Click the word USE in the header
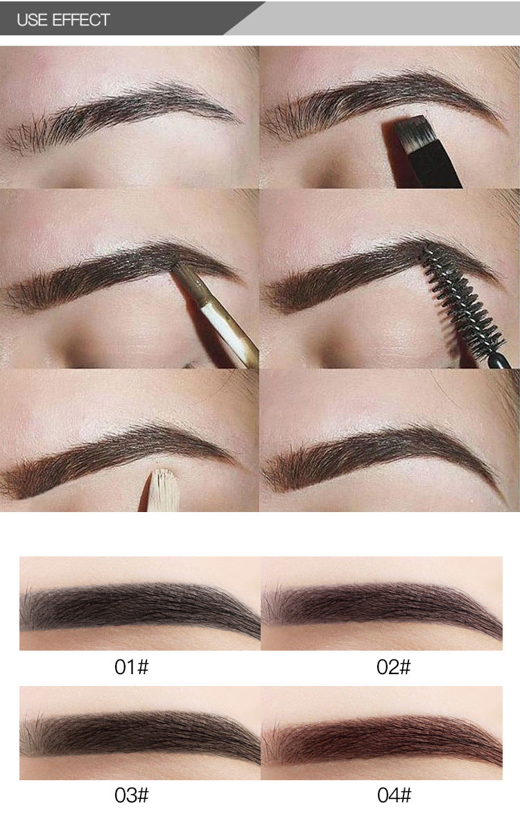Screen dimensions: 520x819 tap(33, 20)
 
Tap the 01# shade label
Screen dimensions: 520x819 tap(131, 667)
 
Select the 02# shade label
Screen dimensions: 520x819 tap(394, 667)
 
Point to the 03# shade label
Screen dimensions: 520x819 tap(131, 795)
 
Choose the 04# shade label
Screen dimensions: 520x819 tap(394, 795)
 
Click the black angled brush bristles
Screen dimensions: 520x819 tap(410, 134)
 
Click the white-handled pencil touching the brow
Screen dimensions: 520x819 tap(217, 313)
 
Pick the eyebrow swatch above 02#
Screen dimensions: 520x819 tap(381, 608)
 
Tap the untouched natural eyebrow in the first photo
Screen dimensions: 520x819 tap(120, 115)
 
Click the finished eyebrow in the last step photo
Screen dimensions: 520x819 tap(381, 455)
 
